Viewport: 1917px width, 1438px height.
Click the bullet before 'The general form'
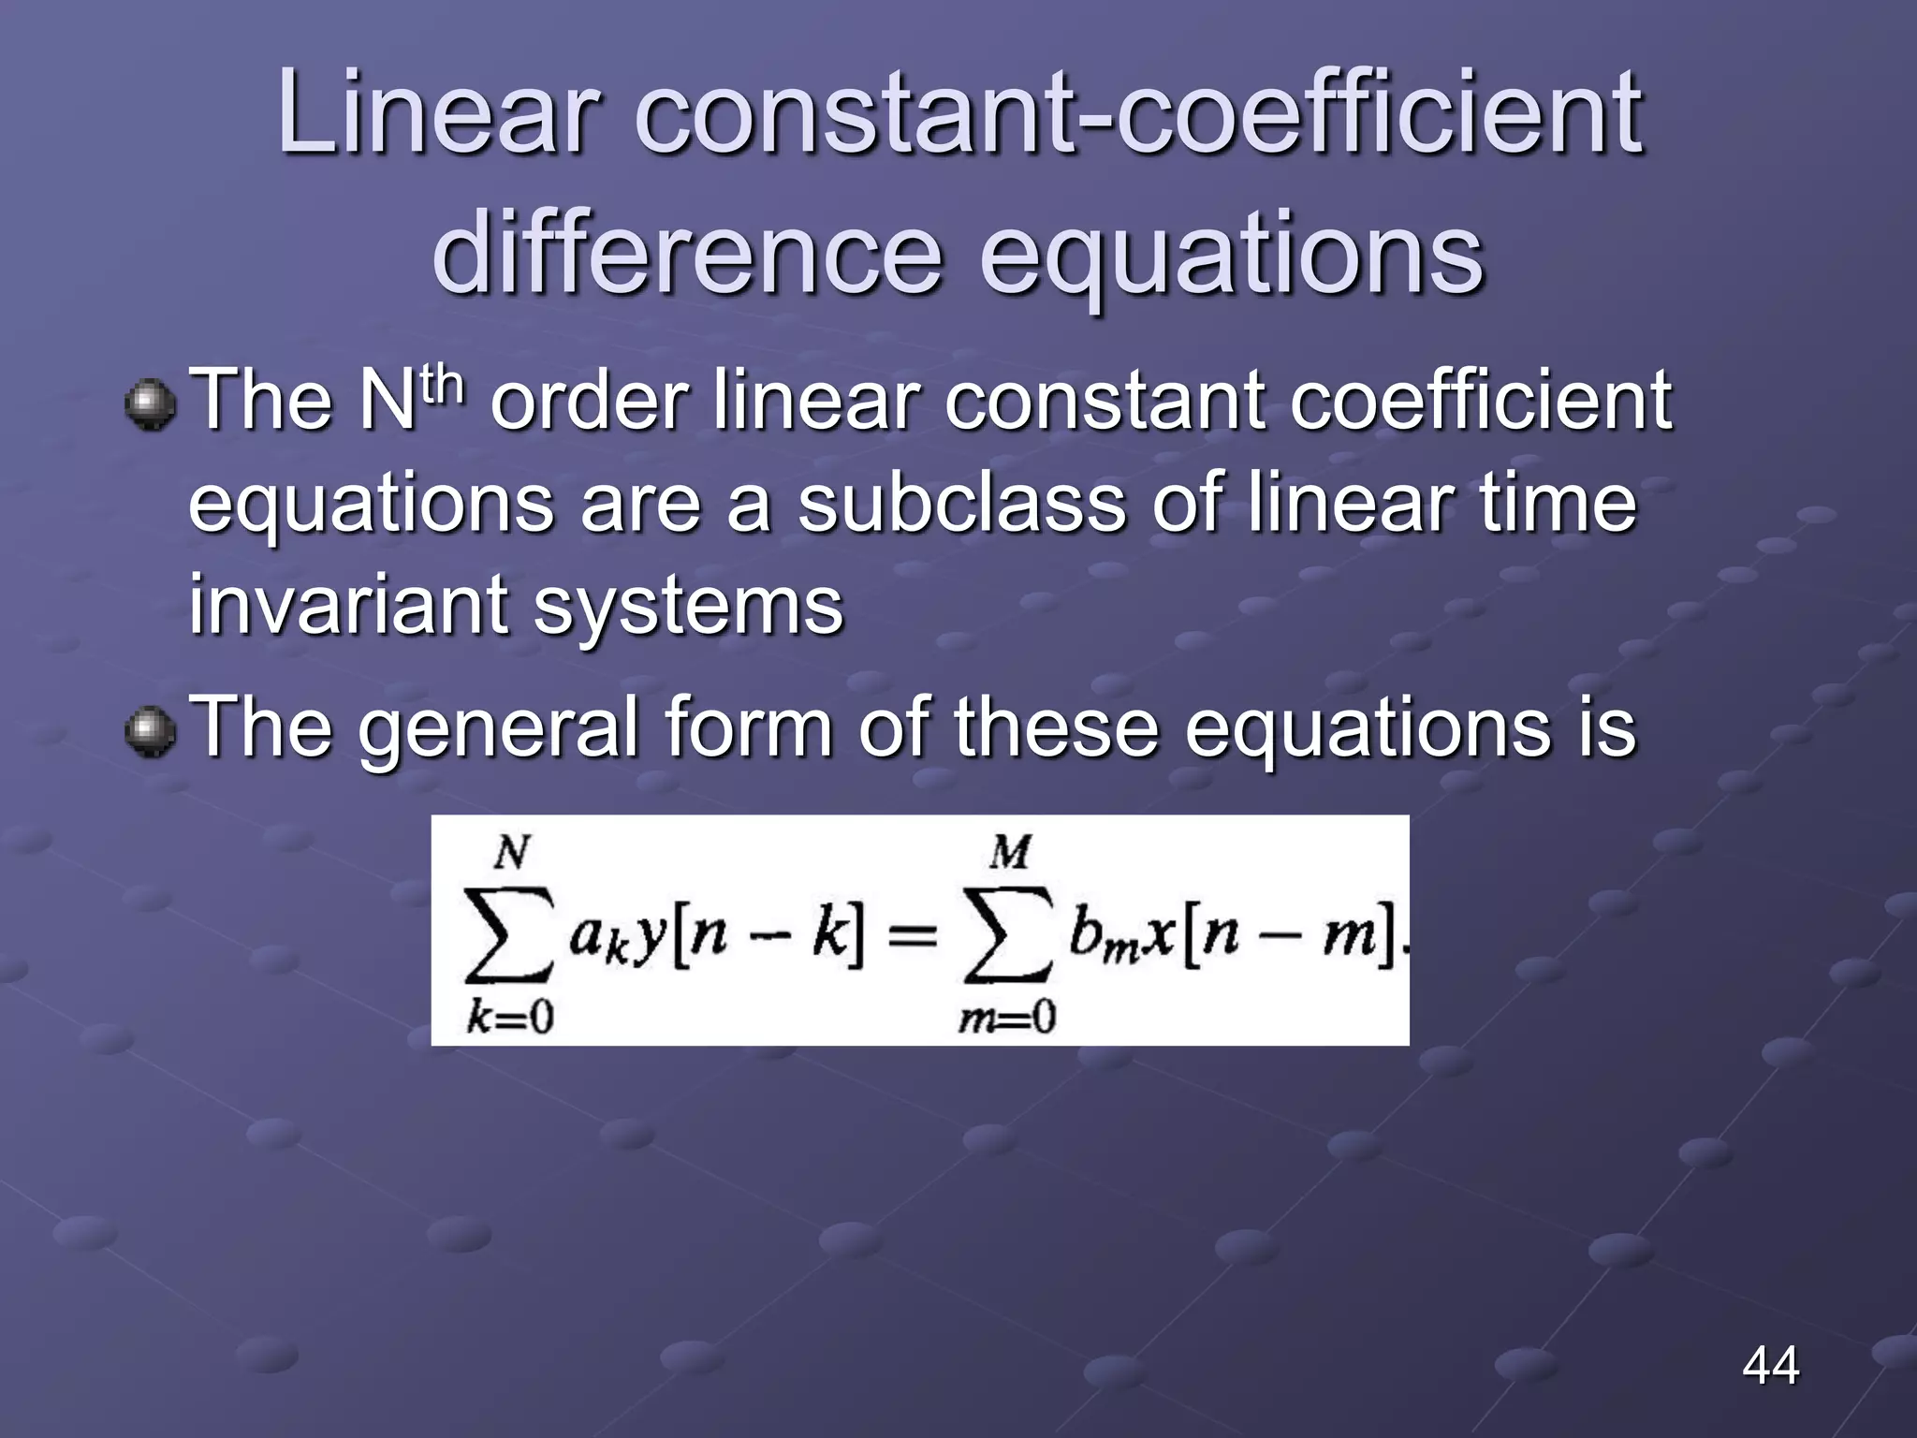[150, 732]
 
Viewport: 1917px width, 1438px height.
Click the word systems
[688, 607]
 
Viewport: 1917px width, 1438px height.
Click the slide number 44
[1770, 1365]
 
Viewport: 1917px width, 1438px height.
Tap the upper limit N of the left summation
[512, 853]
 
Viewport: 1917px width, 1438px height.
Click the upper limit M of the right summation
[1009, 853]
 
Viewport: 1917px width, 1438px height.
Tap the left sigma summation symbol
[510, 935]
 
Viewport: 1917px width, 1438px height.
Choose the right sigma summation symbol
[1007, 935]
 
